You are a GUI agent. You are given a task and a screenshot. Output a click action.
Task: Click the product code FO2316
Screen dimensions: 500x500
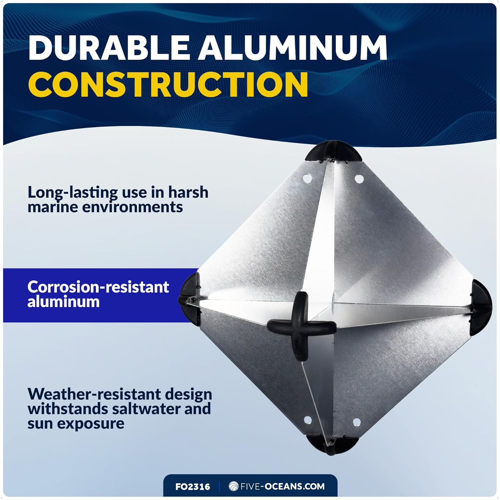tap(193, 487)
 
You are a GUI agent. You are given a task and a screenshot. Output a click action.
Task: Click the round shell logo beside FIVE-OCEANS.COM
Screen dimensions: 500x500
tap(233, 486)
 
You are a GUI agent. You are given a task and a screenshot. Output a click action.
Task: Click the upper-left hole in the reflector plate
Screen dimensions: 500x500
tap(306, 179)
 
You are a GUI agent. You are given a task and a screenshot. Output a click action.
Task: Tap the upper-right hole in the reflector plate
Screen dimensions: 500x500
tap(359, 179)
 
